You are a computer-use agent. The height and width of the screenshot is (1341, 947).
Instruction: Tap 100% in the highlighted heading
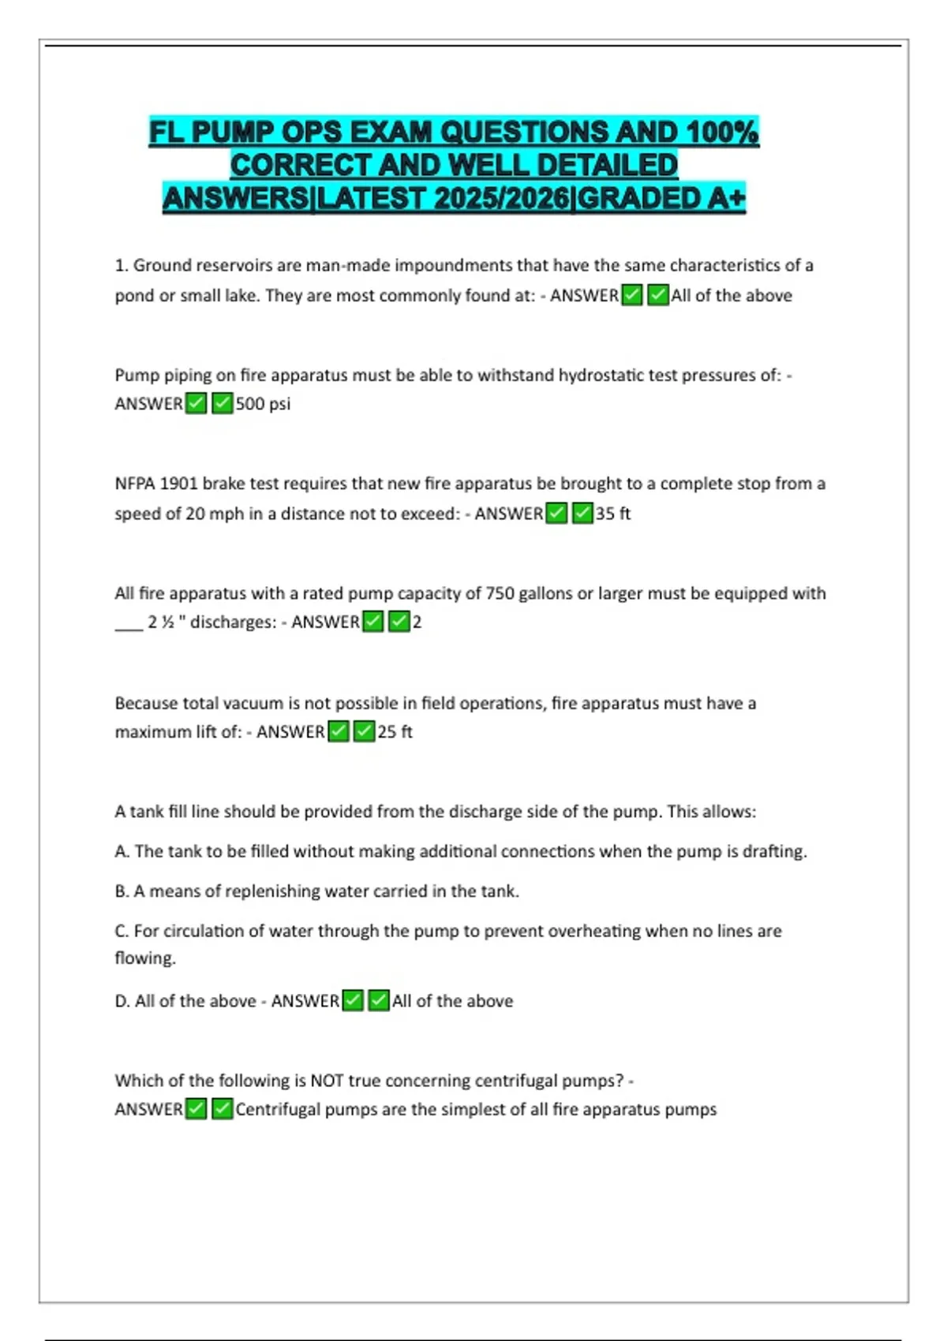(722, 132)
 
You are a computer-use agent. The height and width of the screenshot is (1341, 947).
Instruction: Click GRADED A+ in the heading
(662, 198)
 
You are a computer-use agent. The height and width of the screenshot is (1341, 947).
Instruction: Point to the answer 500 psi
(263, 404)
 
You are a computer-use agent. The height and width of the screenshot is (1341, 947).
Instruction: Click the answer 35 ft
(613, 514)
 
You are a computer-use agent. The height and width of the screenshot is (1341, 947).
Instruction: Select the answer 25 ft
(395, 732)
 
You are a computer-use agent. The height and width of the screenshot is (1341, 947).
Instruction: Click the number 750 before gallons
(500, 593)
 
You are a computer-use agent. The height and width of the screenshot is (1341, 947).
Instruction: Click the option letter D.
(122, 1001)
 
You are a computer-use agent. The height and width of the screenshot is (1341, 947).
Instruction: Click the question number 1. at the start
(122, 266)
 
